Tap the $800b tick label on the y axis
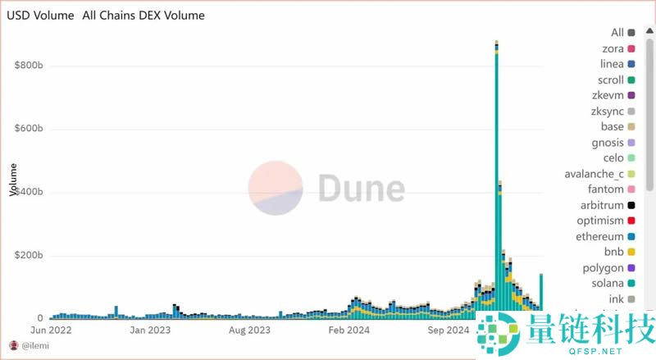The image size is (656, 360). tap(29, 66)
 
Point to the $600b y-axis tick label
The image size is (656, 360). tap(29, 129)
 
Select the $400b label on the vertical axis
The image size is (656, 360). tap(29, 192)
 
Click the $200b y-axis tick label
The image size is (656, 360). tap(29, 256)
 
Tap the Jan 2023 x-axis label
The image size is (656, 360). tap(149, 330)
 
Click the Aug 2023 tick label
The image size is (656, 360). tap(248, 330)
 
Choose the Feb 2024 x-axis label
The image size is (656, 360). tap(348, 330)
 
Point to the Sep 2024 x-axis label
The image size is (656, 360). tap(447, 330)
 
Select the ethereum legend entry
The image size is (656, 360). tap(599, 236)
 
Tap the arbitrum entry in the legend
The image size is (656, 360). tap(601, 205)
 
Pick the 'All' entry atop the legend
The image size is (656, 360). tap(617, 33)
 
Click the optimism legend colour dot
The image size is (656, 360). tap(631, 221)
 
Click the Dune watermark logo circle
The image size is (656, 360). tap(276, 189)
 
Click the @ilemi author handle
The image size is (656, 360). tap(35, 345)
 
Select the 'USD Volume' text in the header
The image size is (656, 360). tap(40, 15)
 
